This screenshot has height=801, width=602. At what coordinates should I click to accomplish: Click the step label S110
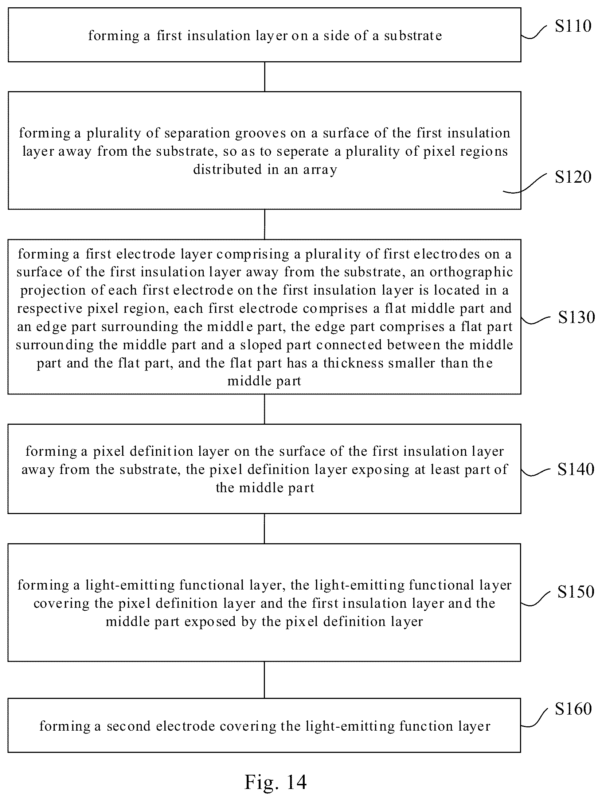tap(573, 26)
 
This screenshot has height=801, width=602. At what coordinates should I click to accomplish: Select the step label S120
tap(573, 177)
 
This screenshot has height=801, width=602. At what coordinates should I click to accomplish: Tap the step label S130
tap(576, 317)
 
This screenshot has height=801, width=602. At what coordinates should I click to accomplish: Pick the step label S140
tap(576, 469)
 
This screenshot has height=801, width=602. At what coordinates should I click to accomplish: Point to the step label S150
tap(576, 592)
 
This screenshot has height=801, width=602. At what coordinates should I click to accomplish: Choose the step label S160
tap(573, 708)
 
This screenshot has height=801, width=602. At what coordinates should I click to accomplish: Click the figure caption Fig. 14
tap(276, 782)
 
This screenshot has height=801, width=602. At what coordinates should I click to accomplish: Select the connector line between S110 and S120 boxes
tap(265, 77)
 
